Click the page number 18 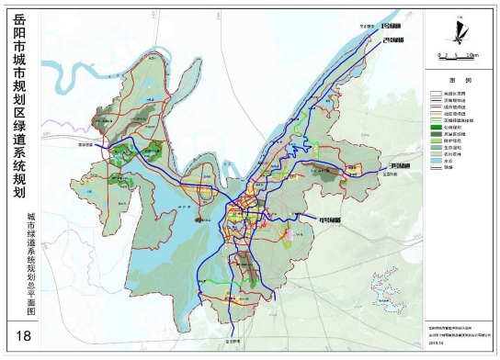pyautogui.click(x=21, y=332)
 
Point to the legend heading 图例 pyautogui.click(x=460, y=80)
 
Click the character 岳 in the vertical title pyautogui.click(x=21, y=19)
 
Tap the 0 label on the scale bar pyautogui.click(x=441, y=55)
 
